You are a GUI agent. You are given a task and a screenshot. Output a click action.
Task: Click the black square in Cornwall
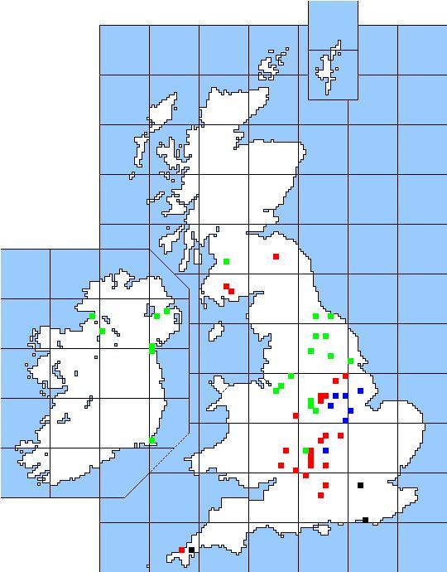pos(191,550)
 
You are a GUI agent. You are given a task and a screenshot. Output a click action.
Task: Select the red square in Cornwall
pos(181,550)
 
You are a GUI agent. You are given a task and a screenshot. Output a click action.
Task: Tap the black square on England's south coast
pos(365,520)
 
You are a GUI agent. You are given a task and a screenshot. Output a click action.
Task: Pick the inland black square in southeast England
pos(360,485)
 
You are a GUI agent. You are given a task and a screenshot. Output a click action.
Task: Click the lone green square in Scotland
pos(226,261)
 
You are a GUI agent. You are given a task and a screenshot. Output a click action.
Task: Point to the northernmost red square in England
pos(276,256)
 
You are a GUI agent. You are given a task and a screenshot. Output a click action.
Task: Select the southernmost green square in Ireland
pos(152,440)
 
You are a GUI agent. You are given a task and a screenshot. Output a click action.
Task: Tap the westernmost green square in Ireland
pos(92,316)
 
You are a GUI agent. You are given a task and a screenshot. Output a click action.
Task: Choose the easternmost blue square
pos(360,390)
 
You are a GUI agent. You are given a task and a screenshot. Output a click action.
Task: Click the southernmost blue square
pos(325,450)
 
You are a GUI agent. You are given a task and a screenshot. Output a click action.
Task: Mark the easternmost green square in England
pos(350,361)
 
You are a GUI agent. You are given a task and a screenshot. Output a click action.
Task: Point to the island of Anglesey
pos(220,385)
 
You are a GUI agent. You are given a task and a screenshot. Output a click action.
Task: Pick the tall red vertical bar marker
pos(310,457)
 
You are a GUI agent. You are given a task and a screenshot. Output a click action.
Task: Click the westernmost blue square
pos(330,405)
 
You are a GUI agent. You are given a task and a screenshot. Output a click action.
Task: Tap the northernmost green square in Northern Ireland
pos(166,311)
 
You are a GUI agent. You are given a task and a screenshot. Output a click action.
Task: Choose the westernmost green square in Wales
pos(276,390)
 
